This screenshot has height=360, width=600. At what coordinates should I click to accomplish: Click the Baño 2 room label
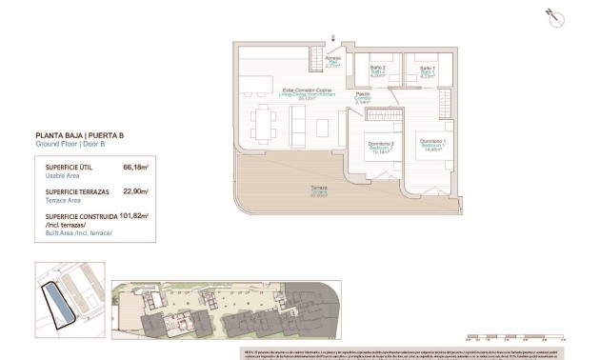point(375,72)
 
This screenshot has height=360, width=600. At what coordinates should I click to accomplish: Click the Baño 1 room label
point(428,72)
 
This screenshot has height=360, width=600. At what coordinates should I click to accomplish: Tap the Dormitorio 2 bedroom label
point(381,146)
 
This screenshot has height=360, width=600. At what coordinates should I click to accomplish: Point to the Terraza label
point(318,190)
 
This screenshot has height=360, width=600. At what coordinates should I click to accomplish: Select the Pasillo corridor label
point(362,97)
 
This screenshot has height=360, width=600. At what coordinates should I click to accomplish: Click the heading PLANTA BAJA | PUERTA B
point(84,135)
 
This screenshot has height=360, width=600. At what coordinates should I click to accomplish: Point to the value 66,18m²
point(135,167)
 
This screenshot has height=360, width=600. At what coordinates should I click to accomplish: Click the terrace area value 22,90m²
point(135,191)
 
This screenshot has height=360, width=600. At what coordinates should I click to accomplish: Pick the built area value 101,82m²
point(133,216)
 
